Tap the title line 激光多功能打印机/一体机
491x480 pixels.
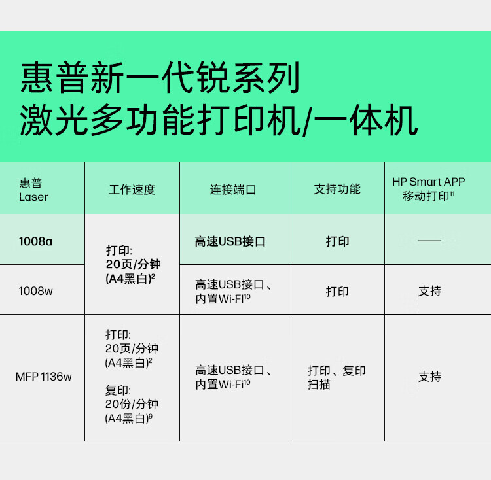tap(218, 122)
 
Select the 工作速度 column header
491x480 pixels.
tap(132, 190)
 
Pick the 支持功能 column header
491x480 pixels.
tap(337, 190)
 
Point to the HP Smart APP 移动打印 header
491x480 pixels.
tap(429, 188)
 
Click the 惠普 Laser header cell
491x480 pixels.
tap(34, 190)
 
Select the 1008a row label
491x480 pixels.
tap(35, 241)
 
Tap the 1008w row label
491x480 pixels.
tap(35, 291)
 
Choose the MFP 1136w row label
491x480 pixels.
tap(44, 377)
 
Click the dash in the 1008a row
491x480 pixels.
tap(429, 241)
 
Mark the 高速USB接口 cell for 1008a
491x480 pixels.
tap(230, 241)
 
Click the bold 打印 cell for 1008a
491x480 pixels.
tap(337, 241)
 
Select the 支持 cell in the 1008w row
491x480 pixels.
tap(429, 291)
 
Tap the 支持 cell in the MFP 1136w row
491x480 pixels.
tap(429, 377)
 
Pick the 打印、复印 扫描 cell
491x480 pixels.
tap(336, 377)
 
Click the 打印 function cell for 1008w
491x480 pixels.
tap(337, 291)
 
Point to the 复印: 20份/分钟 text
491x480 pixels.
tap(132, 404)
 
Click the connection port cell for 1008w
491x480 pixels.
tap(234, 291)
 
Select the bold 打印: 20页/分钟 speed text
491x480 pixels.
tap(133, 264)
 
